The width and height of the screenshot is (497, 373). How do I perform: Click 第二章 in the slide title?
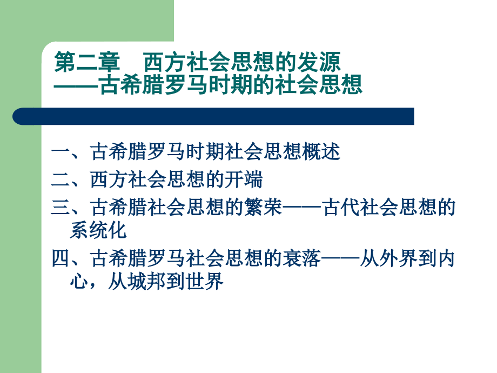[87, 62]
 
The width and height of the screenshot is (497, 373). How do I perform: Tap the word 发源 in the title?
[319, 62]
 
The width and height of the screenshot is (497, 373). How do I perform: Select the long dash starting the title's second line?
[76, 85]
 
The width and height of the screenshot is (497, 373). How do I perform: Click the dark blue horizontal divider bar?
[213, 116]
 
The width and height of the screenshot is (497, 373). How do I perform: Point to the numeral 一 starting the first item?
[61, 151]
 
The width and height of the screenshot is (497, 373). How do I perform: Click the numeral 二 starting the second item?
[61, 179]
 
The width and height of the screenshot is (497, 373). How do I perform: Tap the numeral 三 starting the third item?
[61, 208]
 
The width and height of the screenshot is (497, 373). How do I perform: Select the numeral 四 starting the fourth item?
[61, 258]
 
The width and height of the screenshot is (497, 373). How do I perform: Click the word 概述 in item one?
[321, 151]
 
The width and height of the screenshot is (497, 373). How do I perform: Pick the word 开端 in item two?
[244, 179]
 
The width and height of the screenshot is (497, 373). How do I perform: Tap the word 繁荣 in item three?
[263, 208]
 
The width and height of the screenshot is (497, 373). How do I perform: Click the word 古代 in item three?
[340, 208]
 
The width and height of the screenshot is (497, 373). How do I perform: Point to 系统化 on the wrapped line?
[98, 230]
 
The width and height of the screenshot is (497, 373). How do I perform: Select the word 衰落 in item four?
[301, 258]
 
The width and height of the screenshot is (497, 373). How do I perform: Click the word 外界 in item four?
[398, 258]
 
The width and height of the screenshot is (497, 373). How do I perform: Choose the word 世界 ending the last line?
[204, 281]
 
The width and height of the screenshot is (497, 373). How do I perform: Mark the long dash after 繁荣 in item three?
[301, 208]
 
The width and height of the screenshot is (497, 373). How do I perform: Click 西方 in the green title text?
[164, 62]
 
